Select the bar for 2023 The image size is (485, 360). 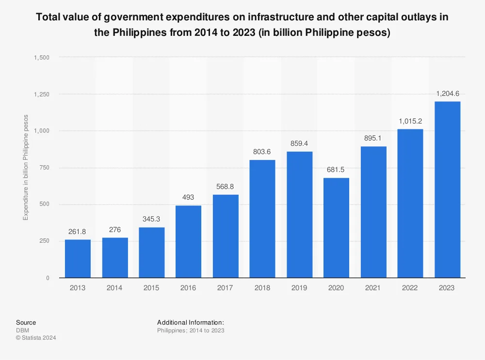(447, 189)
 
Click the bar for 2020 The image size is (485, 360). (336, 228)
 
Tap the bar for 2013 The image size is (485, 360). (78, 258)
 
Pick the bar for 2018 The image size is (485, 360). (262, 219)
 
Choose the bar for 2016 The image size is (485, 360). (188, 241)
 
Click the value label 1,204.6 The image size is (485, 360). (447, 94)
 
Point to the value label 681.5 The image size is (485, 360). (336, 170)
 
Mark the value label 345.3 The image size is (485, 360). (151, 219)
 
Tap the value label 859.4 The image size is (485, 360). (299, 144)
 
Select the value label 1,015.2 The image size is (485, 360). (410, 121)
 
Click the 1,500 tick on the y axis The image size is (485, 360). (42, 57)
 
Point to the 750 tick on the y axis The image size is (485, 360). (44, 168)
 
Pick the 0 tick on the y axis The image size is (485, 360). (47, 278)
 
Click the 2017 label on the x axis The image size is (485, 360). (225, 288)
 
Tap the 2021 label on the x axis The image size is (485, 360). (373, 288)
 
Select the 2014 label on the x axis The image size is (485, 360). (114, 288)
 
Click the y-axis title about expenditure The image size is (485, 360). (26, 168)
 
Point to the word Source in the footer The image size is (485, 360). (26, 323)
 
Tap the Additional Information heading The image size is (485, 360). (190, 323)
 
